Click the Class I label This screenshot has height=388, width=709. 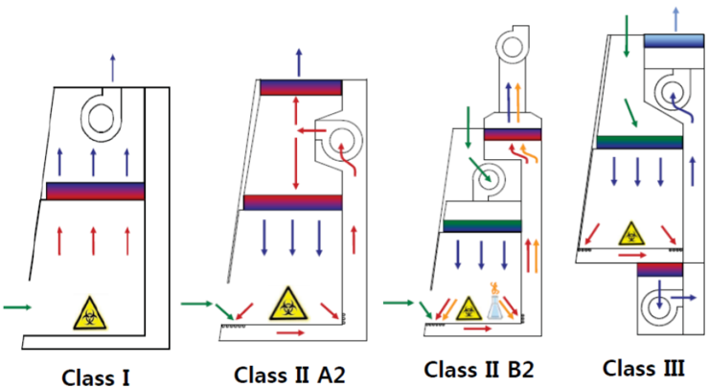coord(95,377)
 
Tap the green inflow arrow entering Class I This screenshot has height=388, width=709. coord(17,307)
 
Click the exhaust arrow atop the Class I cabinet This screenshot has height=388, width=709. coord(113,68)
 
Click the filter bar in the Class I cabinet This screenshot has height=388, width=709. coord(95,191)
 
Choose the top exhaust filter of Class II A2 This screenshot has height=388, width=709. coord(301,87)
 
